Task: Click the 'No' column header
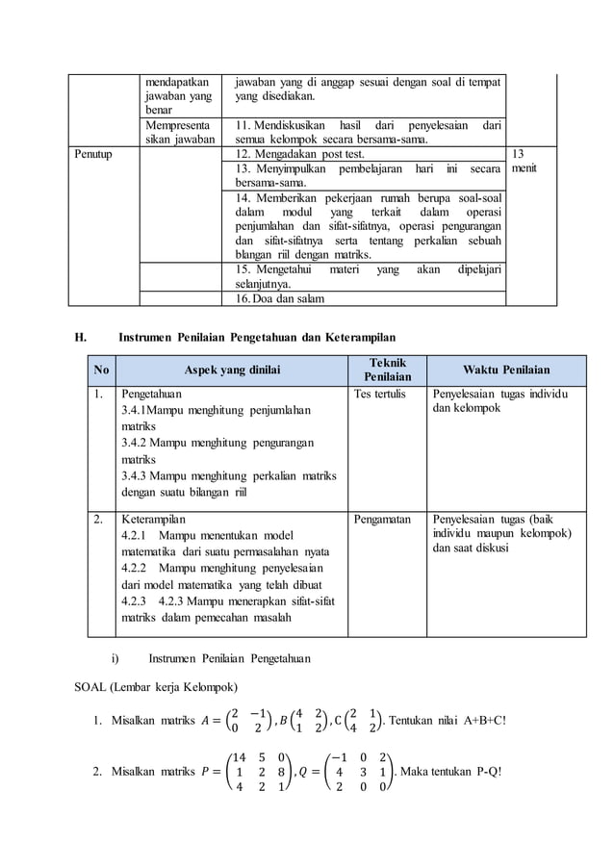[x=101, y=370]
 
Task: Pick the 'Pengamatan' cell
[x=382, y=519]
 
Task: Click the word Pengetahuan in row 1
[x=150, y=394]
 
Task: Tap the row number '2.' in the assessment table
[x=99, y=519]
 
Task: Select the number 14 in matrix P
[x=240, y=757]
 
